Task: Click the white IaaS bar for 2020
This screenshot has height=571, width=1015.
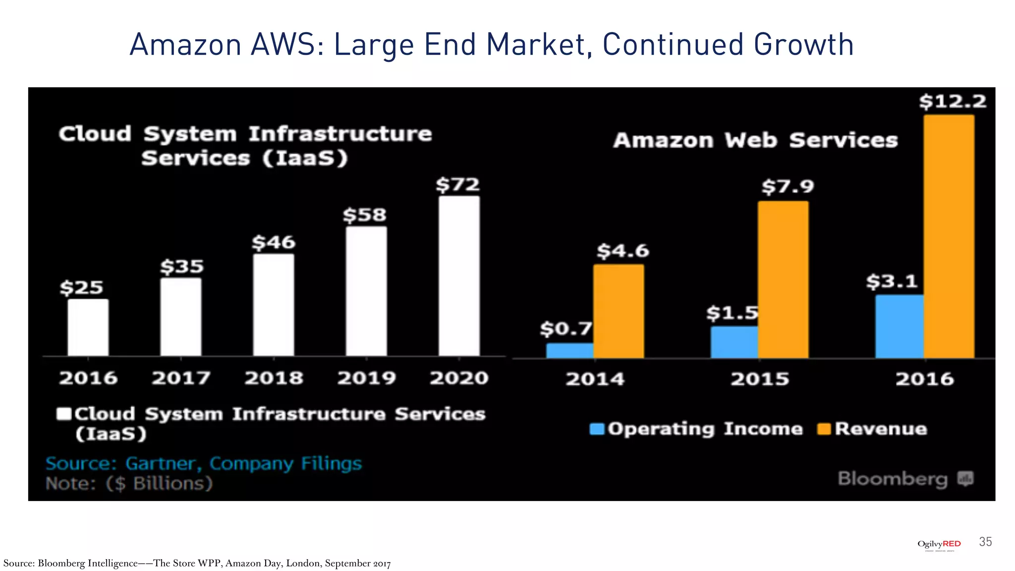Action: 459,276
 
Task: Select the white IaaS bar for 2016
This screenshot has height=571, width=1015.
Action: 88,327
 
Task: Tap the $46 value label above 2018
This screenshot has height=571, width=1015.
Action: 273,243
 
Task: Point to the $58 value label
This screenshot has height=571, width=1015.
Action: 364,215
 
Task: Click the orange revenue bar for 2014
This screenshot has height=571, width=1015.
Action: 619,311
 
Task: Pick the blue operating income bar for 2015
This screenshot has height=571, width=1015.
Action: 734,342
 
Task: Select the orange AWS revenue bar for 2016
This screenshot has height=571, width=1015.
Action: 949,237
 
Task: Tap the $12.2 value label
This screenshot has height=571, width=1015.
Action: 952,102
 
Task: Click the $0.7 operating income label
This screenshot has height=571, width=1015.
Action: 565,328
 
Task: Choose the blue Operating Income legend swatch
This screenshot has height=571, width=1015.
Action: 597,429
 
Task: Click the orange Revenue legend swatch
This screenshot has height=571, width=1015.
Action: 824,429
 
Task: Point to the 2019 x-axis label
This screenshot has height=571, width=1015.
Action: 366,378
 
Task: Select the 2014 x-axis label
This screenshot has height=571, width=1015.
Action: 595,379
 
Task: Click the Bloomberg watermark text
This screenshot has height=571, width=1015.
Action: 892,479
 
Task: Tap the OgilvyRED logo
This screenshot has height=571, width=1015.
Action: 939,544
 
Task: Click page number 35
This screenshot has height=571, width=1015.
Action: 985,542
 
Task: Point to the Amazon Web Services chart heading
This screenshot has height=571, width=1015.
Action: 755,140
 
